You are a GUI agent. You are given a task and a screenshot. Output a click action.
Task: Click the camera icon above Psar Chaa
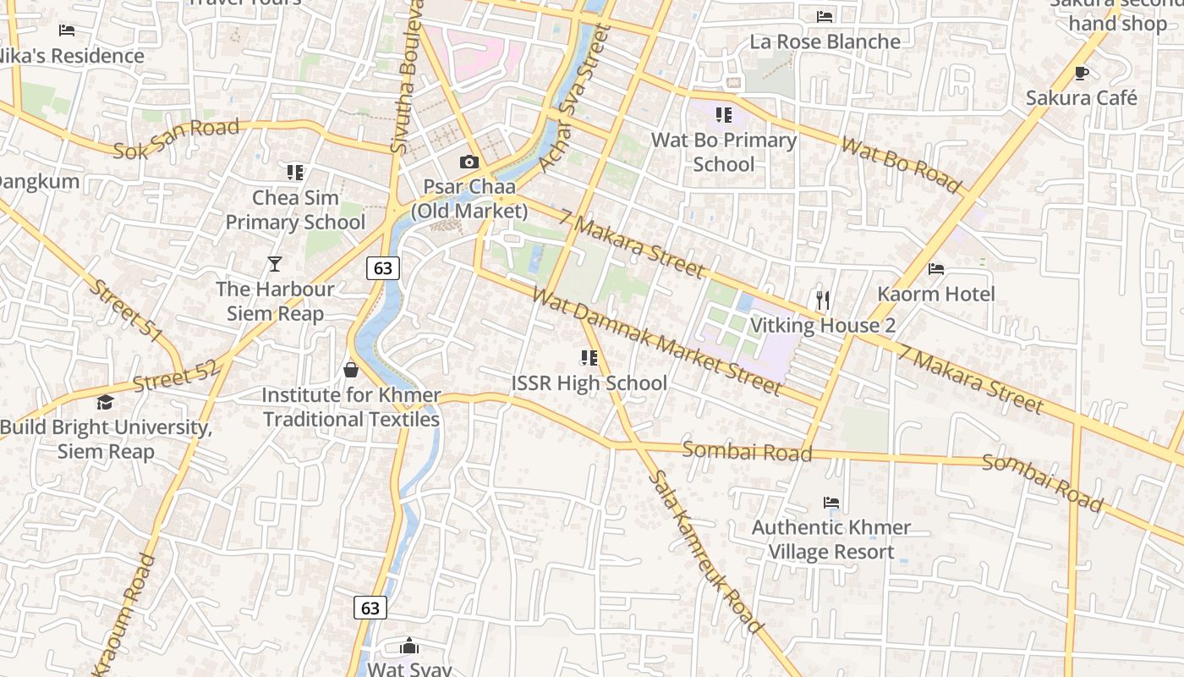(469, 162)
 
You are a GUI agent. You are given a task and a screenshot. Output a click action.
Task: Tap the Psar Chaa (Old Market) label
(469, 198)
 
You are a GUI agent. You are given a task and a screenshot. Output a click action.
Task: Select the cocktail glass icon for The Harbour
(274, 264)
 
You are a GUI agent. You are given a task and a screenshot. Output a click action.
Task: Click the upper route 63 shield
(383, 268)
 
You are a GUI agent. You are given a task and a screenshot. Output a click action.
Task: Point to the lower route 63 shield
(370, 608)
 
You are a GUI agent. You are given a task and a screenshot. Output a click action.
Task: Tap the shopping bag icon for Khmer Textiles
(351, 370)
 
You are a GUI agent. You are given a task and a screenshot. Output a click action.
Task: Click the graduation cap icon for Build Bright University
(105, 402)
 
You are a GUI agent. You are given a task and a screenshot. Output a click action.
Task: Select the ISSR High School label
(589, 383)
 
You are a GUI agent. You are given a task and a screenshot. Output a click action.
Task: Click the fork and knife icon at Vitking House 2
(823, 300)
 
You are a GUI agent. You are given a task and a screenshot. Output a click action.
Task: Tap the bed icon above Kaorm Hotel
(936, 269)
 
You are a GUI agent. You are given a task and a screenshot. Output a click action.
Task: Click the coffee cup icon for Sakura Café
(1081, 73)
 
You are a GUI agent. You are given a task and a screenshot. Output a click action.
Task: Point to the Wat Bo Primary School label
(723, 152)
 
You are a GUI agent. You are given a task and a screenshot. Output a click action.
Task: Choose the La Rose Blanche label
(825, 41)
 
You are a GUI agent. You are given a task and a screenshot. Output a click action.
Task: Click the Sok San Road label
(176, 140)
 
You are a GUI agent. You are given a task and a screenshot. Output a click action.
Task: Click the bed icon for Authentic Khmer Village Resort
(831, 503)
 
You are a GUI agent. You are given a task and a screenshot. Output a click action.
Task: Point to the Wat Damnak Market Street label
(656, 342)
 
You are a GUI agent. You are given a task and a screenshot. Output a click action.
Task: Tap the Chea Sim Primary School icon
(294, 173)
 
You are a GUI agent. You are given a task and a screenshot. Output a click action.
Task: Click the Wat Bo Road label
(902, 165)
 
